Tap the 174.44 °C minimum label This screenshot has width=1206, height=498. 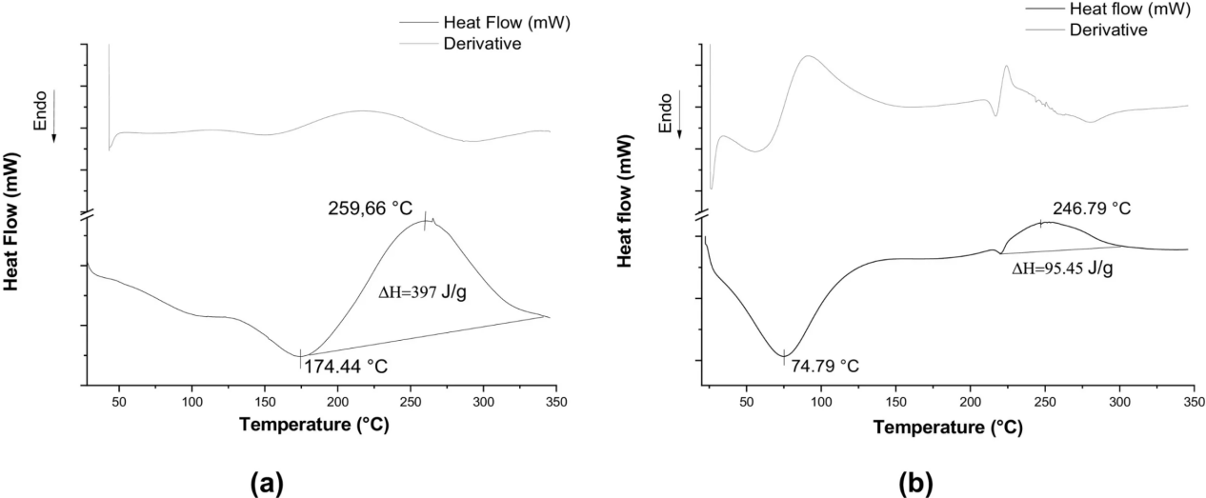pos(346,365)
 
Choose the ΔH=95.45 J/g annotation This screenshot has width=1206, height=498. pos(1062,269)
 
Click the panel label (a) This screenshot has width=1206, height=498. pos(266,482)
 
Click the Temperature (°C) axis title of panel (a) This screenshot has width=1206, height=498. pos(314,425)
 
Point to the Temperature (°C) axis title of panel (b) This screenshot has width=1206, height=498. pos(948,428)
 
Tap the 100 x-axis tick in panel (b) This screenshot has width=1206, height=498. pos(821,403)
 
